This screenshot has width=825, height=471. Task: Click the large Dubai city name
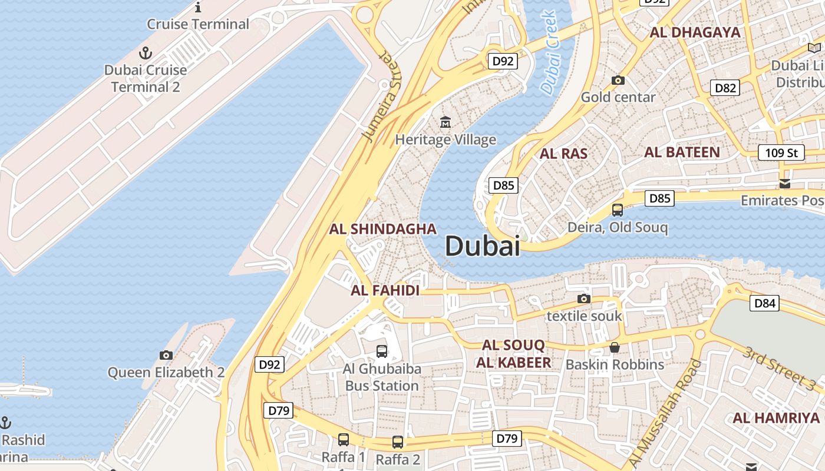(483, 246)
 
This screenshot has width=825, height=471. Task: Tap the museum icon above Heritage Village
(445, 122)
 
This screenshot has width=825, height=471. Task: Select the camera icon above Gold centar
(618, 80)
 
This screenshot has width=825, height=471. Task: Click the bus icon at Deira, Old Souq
(618, 210)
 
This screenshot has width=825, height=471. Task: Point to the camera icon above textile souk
(584, 298)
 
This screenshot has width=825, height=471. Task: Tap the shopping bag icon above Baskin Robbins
(615, 347)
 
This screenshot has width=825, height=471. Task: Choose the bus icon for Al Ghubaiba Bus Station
(382, 351)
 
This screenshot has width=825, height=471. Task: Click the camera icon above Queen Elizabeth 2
(166, 355)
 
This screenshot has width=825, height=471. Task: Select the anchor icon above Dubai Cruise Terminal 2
(145, 54)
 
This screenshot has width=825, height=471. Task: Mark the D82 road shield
(725, 88)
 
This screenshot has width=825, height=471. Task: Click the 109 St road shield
(781, 153)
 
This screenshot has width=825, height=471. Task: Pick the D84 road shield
(764, 304)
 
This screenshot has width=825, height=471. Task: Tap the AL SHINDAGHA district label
(383, 229)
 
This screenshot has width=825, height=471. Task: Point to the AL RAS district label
(564, 154)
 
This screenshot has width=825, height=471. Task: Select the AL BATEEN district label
(682, 152)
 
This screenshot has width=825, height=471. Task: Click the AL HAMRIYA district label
(776, 418)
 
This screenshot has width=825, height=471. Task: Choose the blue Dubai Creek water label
(549, 53)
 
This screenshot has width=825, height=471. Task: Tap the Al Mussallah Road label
(666, 412)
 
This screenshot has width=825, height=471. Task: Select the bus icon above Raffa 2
(398, 442)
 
